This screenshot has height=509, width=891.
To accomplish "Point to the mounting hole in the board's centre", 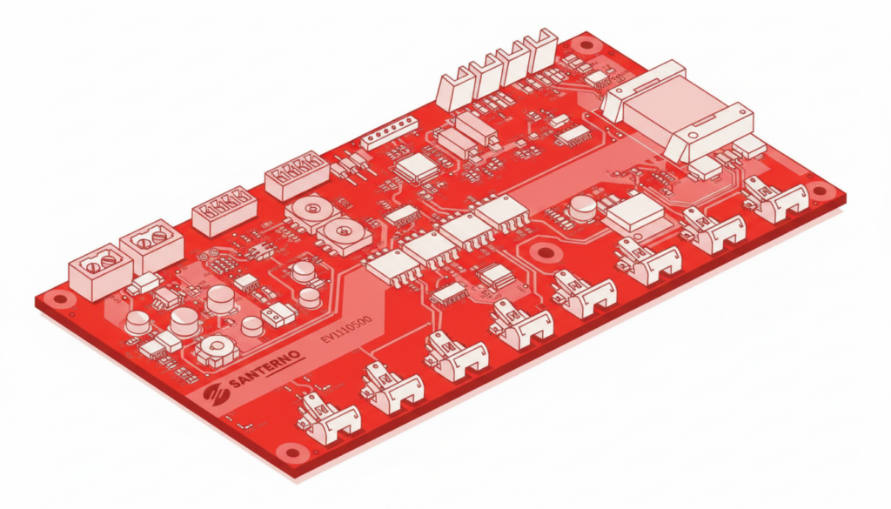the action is click(546, 252).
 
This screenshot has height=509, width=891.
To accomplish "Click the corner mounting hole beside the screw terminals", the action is click(59, 298).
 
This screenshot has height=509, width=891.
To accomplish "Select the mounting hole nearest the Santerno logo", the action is click(292, 452).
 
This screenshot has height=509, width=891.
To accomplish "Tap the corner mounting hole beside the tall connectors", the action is click(586, 44).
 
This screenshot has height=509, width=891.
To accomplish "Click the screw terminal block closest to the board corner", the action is click(100, 274).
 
